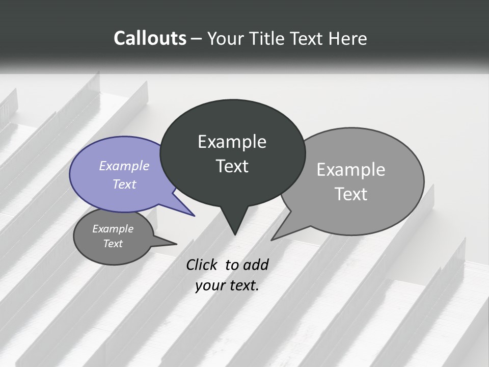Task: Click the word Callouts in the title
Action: pyautogui.click(x=150, y=38)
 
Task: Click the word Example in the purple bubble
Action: pyautogui.click(x=124, y=166)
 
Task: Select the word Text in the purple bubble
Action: pyautogui.click(x=124, y=184)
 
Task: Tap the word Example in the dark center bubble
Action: pyautogui.click(x=232, y=142)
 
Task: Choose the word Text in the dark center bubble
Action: pyautogui.click(x=232, y=166)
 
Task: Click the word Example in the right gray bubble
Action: pyautogui.click(x=351, y=169)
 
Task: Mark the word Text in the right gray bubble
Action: pyautogui.click(x=351, y=194)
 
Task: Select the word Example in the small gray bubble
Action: pyautogui.click(x=113, y=229)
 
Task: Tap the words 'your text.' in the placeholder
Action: pyautogui.click(x=227, y=285)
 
